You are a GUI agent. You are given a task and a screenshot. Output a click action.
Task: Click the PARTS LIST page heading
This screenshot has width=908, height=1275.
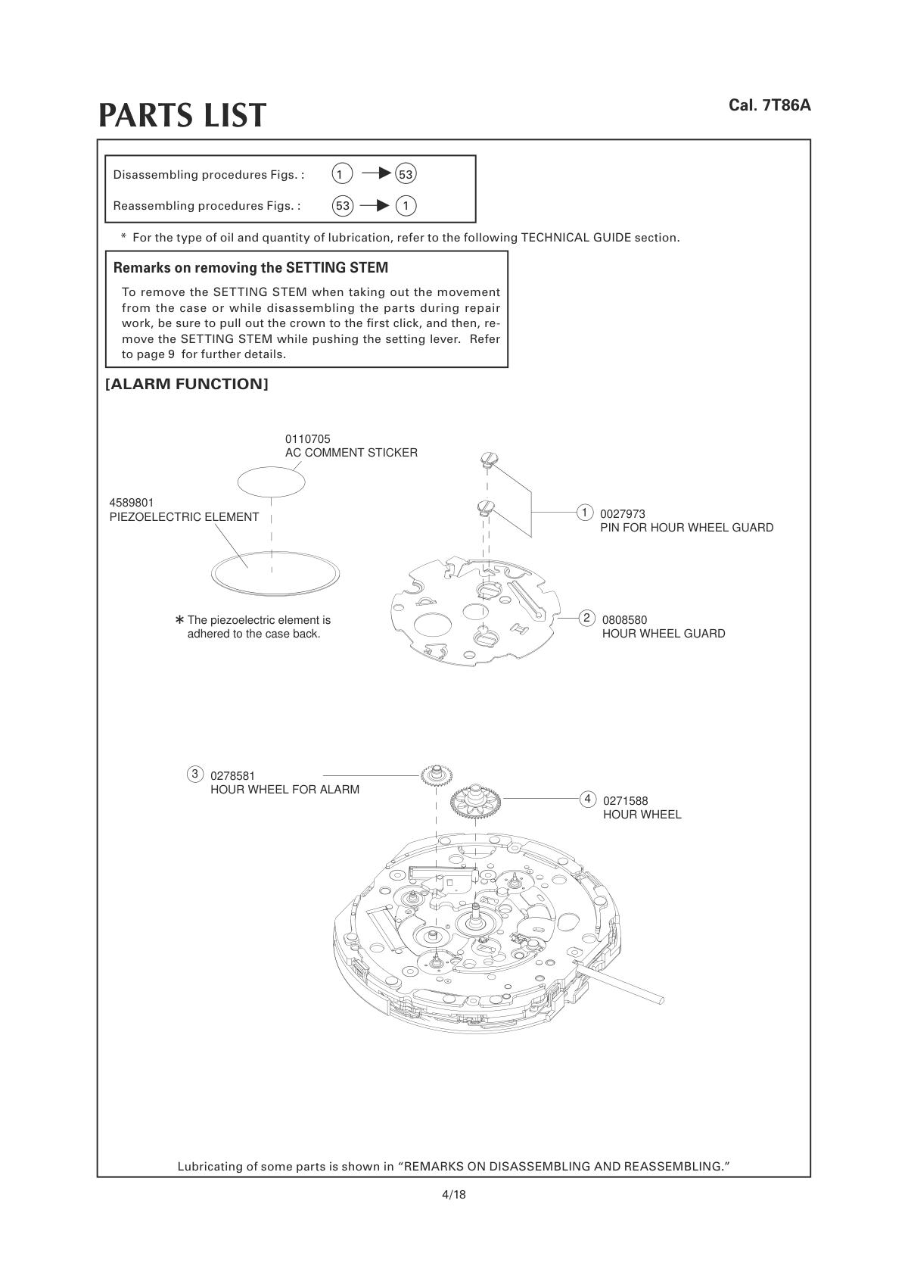click(x=182, y=115)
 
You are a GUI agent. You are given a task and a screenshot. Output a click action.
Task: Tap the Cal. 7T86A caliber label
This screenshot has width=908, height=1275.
click(x=770, y=105)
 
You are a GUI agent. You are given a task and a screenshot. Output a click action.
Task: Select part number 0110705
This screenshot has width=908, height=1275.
click(x=307, y=439)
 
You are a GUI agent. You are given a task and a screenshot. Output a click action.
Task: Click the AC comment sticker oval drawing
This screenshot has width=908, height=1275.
click(x=272, y=480)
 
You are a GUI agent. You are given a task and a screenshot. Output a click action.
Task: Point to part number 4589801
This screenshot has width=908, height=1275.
click(x=132, y=503)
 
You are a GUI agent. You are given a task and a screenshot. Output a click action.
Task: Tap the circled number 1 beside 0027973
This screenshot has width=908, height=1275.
click(x=584, y=513)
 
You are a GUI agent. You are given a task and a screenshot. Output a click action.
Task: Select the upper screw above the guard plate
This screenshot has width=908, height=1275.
click(x=488, y=459)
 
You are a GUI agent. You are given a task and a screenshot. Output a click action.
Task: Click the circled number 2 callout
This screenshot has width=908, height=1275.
click(x=586, y=618)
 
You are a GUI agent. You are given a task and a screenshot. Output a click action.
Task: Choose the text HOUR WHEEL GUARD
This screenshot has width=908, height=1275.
click(x=663, y=634)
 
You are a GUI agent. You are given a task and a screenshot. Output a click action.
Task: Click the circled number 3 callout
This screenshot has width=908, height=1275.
click(x=195, y=774)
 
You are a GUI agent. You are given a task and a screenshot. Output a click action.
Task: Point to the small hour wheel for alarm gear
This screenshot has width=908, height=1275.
click(x=437, y=775)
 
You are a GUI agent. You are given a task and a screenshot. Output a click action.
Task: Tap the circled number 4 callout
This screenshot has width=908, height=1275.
click(x=587, y=799)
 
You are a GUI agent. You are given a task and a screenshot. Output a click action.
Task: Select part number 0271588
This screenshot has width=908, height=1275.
click(x=625, y=800)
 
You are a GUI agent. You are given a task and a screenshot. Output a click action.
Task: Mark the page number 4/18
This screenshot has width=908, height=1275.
click(x=454, y=1195)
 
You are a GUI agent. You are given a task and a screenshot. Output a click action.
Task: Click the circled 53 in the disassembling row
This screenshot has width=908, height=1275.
click(x=406, y=175)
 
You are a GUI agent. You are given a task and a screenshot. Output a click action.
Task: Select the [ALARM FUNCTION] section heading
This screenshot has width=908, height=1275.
click(x=187, y=384)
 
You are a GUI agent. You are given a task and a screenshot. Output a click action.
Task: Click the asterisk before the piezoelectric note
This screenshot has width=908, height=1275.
click(x=180, y=620)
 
